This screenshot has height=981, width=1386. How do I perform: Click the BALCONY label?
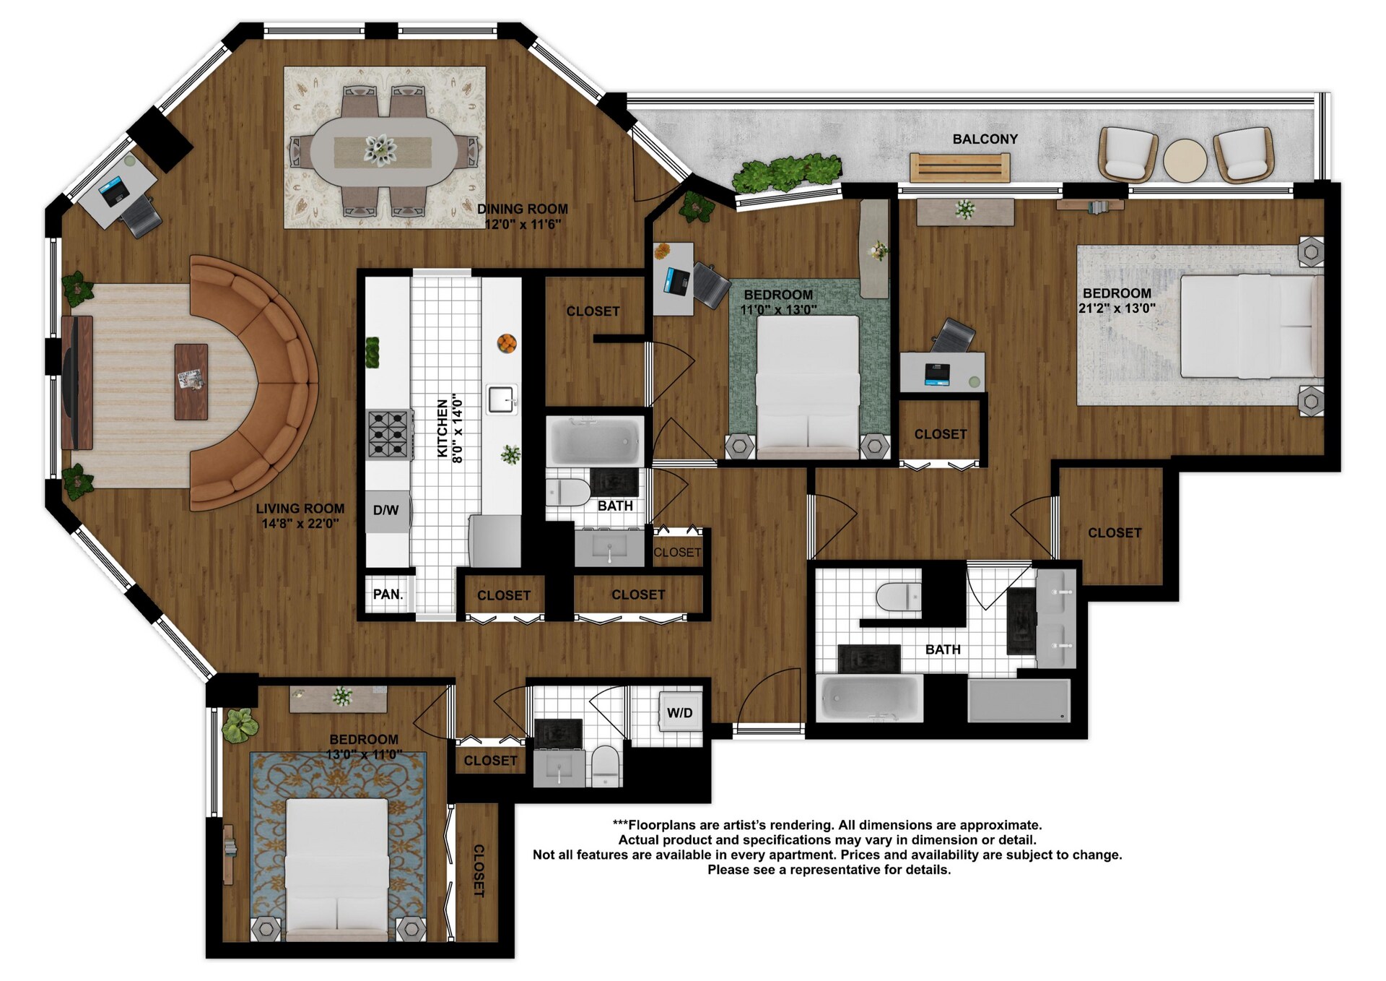[985, 139]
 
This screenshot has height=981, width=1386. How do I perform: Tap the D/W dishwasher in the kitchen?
[386, 511]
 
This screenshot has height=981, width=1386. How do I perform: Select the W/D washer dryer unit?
[680, 713]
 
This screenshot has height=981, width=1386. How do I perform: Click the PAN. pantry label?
[388, 595]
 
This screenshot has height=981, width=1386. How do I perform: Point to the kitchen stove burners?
[389, 434]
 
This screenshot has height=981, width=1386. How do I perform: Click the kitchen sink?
[502, 399]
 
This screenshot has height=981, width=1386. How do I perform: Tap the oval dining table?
[383, 152]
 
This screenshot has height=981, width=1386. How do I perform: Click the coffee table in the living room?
[191, 381]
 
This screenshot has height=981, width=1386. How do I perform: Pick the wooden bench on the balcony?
[959, 168]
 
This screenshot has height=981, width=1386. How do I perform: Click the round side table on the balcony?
[1185, 160]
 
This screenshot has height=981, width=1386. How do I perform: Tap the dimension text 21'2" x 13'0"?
[1117, 308]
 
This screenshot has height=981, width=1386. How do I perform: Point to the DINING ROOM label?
[523, 209]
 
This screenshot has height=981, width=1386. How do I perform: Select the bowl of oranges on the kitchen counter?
[507, 343]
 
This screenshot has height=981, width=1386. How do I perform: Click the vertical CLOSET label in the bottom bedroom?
[478, 870]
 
